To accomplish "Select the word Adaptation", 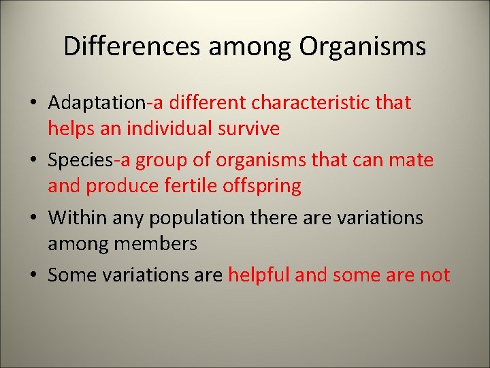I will (x=97, y=104).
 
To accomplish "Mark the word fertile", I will (x=169, y=185).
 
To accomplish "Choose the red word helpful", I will (x=259, y=275).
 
